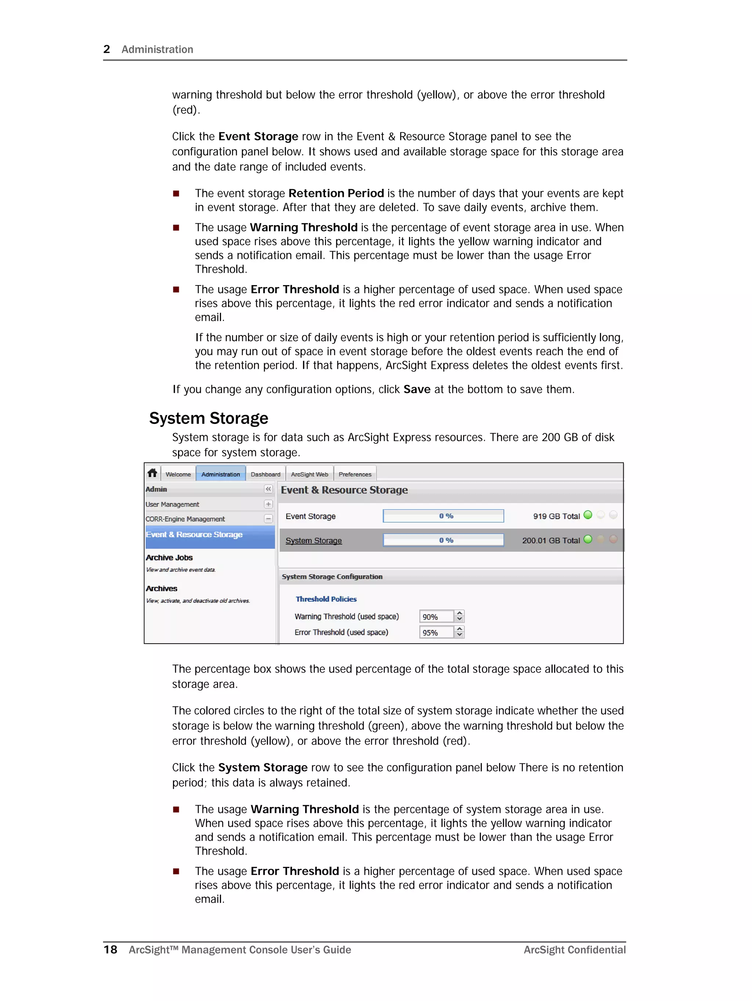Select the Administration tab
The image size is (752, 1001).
(x=220, y=474)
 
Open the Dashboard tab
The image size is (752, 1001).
(x=265, y=474)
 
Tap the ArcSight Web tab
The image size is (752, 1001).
(x=310, y=474)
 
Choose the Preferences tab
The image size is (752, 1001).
(x=355, y=474)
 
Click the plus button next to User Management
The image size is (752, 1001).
(x=268, y=504)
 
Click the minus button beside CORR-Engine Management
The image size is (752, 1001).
(x=268, y=519)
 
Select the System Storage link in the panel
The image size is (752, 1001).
(x=314, y=540)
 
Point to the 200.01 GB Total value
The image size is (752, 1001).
(x=551, y=540)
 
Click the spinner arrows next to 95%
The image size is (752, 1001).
(x=460, y=632)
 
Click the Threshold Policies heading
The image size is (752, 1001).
(x=326, y=599)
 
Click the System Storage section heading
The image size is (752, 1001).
(x=209, y=418)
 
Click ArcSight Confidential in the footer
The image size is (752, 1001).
(x=575, y=950)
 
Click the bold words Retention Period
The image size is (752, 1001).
(x=336, y=193)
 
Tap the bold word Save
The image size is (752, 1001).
(x=416, y=389)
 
